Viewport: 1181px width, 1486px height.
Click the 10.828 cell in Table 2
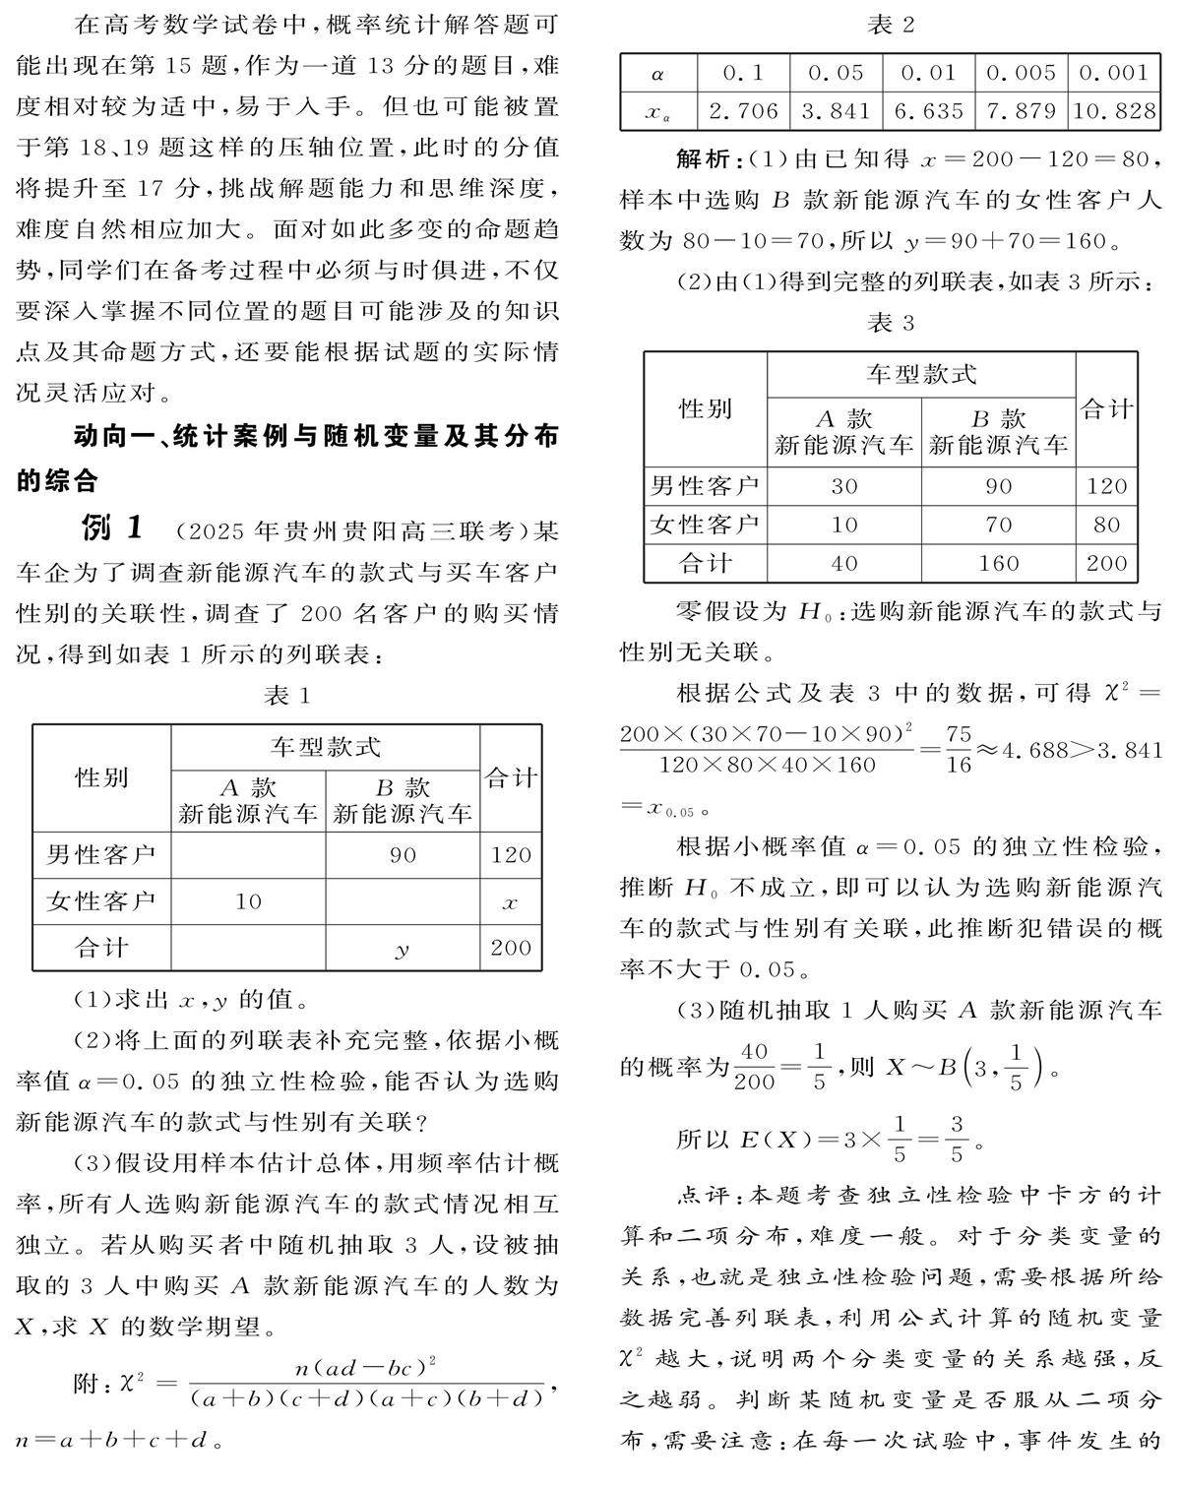pyautogui.click(x=1114, y=111)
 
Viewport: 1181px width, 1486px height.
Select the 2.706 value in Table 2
pyautogui.click(x=743, y=111)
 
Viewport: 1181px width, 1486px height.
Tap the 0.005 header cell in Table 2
pyautogui.click(x=1021, y=72)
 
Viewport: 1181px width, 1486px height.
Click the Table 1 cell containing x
pyautogui.click(x=510, y=901)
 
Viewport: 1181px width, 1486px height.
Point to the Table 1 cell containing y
pyautogui.click(x=402, y=948)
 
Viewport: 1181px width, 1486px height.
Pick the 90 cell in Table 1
pyautogui.click(x=402, y=854)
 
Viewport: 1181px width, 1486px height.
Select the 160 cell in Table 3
pyautogui.click(x=998, y=563)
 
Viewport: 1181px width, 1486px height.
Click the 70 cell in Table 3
pyautogui.click(x=998, y=525)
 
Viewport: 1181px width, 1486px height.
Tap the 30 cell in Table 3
pyautogui.click(x=843, y=486)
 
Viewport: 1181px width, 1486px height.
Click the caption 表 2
pyautogui.click(x=891, y=25)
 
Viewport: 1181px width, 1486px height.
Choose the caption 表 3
pyautogui.click(x=891, y=323)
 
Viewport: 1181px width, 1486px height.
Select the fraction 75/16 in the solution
pyautogui.click(x=958, y=750)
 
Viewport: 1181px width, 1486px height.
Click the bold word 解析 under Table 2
pyautogui.click(x=704, y=159)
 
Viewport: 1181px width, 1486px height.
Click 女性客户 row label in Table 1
pyautogui.click(x=100, y=901)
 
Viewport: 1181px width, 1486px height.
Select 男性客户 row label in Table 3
pyautogui.click(x=705, y=486)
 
